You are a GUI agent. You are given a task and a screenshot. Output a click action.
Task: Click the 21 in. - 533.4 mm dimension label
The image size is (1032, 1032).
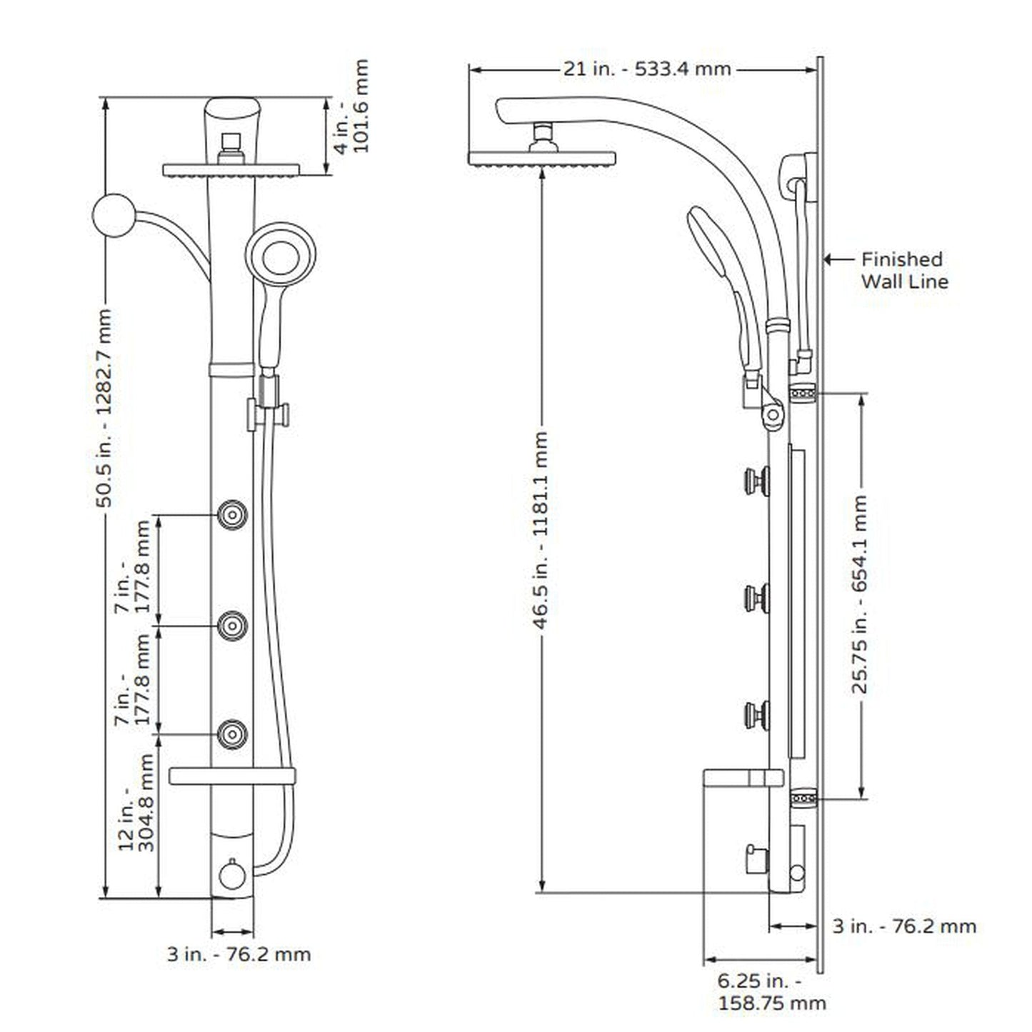click(x=647, y=69)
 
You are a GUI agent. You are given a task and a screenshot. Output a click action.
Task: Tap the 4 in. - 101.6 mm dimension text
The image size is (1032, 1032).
click(x=352, y=107)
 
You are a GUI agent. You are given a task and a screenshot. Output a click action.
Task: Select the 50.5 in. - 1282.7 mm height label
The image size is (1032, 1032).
click(x=104, y=407)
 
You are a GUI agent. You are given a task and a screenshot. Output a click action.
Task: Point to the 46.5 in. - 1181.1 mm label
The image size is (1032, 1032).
click(x=541, y=530)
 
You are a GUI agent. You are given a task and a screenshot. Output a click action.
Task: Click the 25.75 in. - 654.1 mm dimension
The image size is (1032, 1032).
click(x=860, y=594)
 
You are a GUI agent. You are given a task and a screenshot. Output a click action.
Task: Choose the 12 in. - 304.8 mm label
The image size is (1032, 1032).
click(x=136, y=812)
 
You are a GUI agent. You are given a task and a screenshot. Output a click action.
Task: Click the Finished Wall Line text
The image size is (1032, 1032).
click(x=903, y=270)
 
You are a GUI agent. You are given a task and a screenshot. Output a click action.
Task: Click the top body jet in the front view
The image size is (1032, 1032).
click(x=233, y=514)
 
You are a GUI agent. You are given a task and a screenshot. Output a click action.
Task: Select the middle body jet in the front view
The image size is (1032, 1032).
click(x=233, y=626)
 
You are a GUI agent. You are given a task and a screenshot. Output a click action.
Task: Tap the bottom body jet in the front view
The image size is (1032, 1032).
click(x=233, y=734)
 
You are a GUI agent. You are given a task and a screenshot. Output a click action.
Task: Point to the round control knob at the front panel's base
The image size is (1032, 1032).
click(x=232, y=876)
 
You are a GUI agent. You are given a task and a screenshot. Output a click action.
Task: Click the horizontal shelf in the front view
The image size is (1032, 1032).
click(x=232, y=776)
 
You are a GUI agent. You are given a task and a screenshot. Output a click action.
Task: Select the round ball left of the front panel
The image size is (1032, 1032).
click(x=114, y=214)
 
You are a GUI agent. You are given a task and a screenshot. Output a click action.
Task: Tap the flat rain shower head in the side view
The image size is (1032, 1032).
click(x=541, y=158)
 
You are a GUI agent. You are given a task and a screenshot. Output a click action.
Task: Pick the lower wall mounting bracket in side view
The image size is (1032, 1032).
click(x=804, y=798)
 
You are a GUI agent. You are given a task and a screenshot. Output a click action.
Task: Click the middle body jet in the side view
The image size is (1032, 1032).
click(x=756, y=598)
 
